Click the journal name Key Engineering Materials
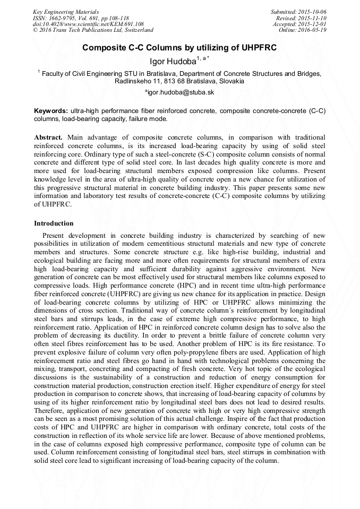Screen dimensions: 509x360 [x=66, y=11]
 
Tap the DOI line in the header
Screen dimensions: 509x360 [x=88, y=24]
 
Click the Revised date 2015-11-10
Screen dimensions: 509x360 [x=314, y=18]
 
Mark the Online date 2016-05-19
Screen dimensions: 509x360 [x=314, y=30]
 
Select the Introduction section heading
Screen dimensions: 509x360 [x=54, y=223]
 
